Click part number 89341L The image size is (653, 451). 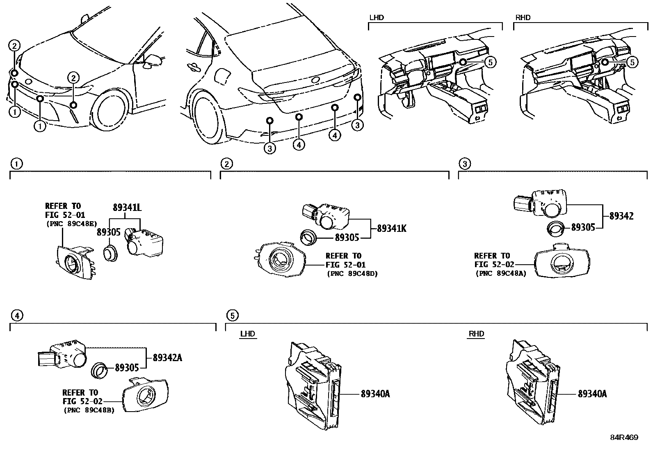127,208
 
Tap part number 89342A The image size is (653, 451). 167,358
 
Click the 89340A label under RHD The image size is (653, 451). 592,394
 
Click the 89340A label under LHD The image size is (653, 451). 375,394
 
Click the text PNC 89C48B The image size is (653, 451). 89,410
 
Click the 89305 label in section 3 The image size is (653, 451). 583,227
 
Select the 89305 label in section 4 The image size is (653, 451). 127,368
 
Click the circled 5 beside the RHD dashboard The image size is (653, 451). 633,62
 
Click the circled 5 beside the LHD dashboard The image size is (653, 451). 490,62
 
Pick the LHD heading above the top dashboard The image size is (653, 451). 377,18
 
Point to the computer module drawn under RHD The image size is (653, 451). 530,384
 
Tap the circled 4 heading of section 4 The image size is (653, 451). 16,315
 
